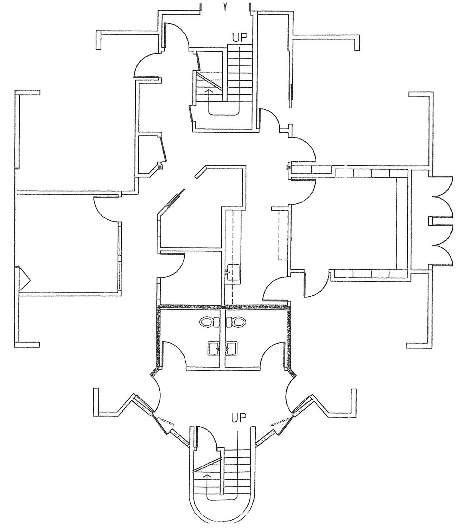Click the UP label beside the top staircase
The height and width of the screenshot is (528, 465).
pos(240,37)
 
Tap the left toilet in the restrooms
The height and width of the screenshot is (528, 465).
pos(210,322)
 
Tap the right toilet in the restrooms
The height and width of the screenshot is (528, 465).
pos(236,322)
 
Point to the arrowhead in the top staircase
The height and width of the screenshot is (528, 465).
pos(208,91)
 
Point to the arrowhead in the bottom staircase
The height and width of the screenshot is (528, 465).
pos(207,476)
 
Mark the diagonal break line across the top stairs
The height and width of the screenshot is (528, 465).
pos(209,81)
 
